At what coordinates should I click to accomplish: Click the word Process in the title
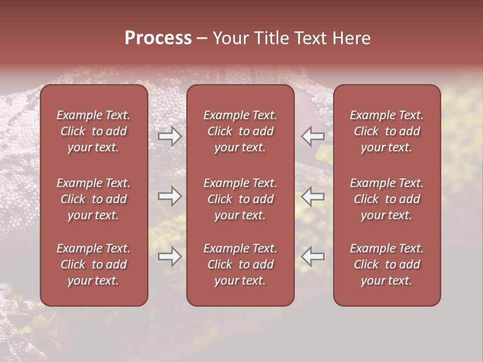click(158, 38)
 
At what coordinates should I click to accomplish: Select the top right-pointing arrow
click(170, 136)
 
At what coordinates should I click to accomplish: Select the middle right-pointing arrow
click(170, 197)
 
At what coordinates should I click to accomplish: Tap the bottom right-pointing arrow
click(170, 257)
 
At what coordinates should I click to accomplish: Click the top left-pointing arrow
click(313, 136)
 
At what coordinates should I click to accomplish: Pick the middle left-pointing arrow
click(313, 197)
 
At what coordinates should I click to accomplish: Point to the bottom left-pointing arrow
click(313, 257)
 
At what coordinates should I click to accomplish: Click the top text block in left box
click(94, 131)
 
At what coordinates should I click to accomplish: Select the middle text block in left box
click(94, 199)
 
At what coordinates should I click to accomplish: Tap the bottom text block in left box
click(94, 264)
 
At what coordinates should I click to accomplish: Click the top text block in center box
click(240, 131)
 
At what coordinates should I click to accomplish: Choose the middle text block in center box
click(240, 199)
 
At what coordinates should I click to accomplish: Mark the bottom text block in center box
click(240, 264)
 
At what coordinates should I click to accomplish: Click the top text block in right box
click(387, 131)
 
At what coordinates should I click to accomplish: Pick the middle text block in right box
click(387, 199)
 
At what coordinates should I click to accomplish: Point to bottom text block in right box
click(387, 264)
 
